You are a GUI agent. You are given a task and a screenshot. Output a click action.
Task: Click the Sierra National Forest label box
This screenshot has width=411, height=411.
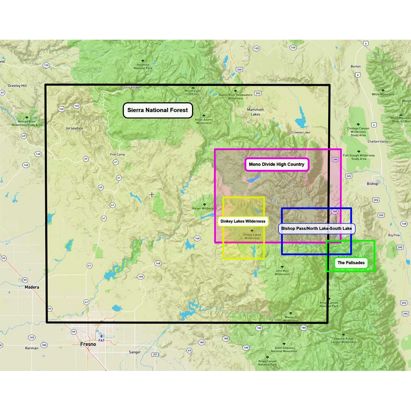(x=158, y=110)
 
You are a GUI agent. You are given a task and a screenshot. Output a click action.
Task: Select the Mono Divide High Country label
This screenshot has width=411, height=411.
(x=276, y=164)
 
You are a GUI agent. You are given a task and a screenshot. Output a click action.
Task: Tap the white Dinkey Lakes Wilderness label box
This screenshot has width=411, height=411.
(x=243, y=221)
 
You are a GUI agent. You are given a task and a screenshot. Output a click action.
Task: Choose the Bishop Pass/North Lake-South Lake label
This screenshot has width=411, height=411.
(x=317, y=228)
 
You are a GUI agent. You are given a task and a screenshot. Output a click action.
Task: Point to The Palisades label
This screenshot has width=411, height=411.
(x=351, y=263)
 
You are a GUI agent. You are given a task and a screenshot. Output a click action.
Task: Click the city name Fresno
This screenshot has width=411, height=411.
(x=88, y=344)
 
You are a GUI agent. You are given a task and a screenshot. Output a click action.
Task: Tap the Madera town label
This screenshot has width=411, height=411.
(x=32, y=287)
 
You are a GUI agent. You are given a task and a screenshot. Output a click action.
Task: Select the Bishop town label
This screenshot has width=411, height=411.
(x=372, y=183)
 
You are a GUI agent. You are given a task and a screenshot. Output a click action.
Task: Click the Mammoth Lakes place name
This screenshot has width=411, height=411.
(x=255, y=112)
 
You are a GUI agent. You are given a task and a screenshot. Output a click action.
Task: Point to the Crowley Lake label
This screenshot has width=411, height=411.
(x=301, y=133)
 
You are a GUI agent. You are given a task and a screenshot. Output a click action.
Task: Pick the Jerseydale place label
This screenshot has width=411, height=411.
(x=74, y=128)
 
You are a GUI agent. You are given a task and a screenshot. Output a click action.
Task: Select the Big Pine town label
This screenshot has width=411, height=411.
(x=394, y=235)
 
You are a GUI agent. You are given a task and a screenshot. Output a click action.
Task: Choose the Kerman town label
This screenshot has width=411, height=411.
(x=32, y=348)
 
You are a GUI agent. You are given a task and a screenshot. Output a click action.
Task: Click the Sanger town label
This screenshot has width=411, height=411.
(x=135, y=352)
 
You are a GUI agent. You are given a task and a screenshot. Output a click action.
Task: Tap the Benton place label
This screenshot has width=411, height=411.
(x=356, y=67)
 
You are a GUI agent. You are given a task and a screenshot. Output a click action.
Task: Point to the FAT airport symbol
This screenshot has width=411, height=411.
(x=101, y=336)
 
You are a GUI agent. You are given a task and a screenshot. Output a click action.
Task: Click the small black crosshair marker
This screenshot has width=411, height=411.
(x=152, y=195)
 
